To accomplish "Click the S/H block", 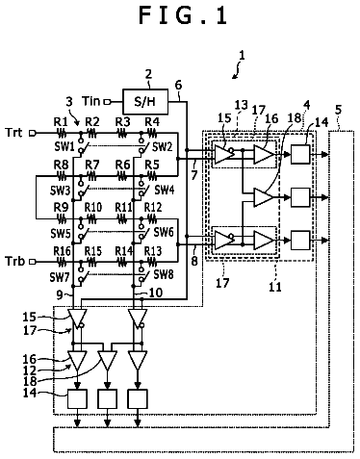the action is tap(145, 102).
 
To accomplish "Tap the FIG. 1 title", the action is tap(183, 15).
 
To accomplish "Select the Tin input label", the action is tap(91, 101).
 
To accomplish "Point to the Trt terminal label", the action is tap(14, 133).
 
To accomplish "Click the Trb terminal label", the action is tap(15, 261).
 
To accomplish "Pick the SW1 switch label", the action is tap(64, 147).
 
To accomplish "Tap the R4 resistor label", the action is tap(152, 122).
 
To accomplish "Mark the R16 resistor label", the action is tap(62, 251).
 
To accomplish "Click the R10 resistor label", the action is tap(93, 208).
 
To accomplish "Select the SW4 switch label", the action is tap(165, 190).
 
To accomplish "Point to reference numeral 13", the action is tap(242, 105).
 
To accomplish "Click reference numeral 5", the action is tap(338, 110).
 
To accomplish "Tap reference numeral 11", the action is tap(275, 287).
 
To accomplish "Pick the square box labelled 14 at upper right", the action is tap(300, 154).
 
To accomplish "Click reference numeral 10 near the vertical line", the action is tap(156, 293).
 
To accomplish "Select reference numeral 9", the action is tap(60, 295).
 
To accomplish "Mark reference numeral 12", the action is tap(29, 370).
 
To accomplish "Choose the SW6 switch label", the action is tap(164, 232).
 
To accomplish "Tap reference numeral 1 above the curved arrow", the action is tap(243, 56).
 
